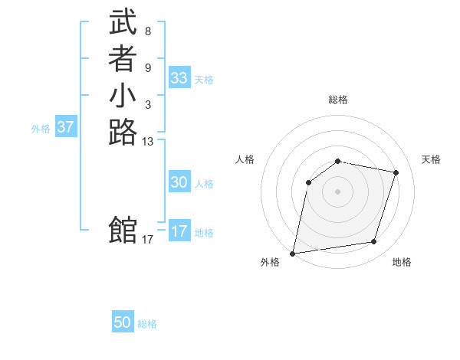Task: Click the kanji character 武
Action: point(123,23)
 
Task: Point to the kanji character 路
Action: point(123,132)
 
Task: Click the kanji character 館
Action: point(123,230)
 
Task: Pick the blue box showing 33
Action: point(179,78)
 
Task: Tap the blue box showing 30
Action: point(179,182)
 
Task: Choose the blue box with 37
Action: point(65,127)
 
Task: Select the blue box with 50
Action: point(123,322)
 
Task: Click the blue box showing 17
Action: point(179,231)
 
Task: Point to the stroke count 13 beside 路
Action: point(148,141)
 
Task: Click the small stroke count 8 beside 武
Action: point(147,32)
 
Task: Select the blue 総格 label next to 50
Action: point(147,324)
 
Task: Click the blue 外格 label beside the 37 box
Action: point(41,129)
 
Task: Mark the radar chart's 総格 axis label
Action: point(338,100)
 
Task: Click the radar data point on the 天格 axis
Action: point(396,172)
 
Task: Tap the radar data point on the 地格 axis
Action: point(374,242)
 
